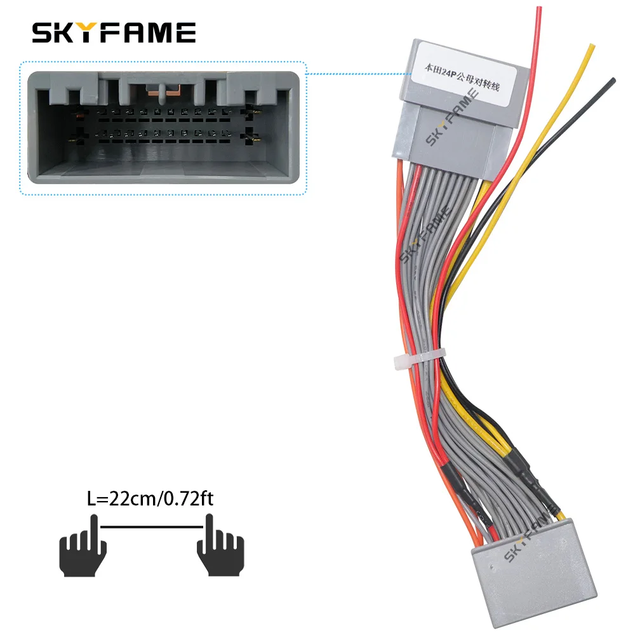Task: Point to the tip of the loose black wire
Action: click(613, 80)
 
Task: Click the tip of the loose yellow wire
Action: click(592, 46)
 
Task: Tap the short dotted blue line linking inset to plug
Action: click(354, 74)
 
